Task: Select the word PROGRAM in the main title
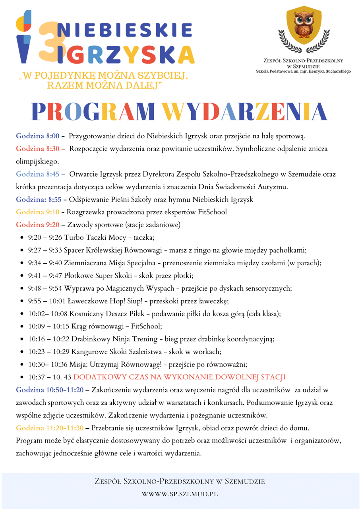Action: tap(94, 112)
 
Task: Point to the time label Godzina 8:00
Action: tap(38, 136)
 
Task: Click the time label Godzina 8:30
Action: tap(38, 149)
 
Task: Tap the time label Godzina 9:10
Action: tap(38, 212)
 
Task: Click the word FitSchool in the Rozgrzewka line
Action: tap(213, 212)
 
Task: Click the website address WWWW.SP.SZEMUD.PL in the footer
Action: tap(180, 494)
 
